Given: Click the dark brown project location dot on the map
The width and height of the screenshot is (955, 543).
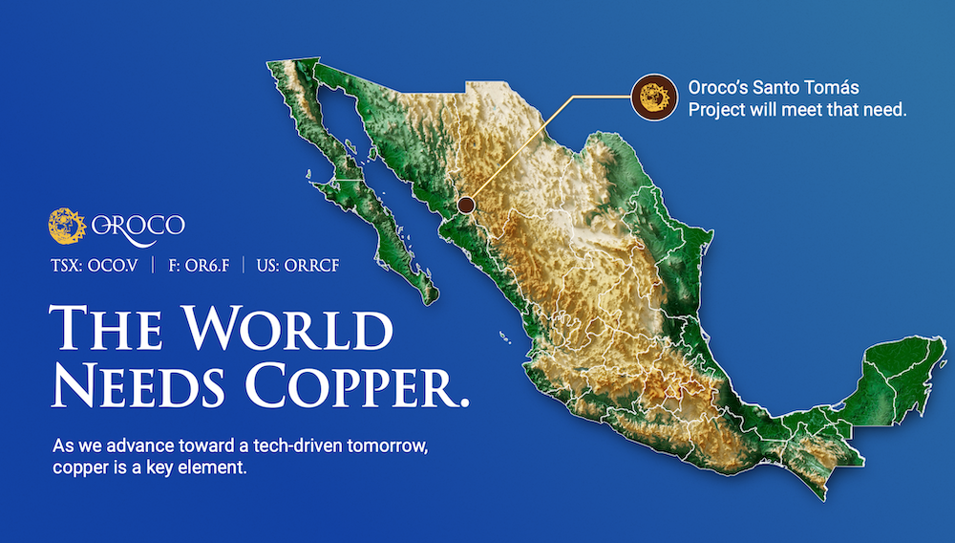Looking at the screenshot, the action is click(466, 205).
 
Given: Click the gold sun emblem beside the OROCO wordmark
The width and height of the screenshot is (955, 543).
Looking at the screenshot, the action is click(67, 227).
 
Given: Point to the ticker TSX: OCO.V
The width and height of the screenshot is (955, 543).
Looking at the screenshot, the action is click(95, 266).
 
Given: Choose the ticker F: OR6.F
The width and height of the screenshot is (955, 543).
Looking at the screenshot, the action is click(199, 266).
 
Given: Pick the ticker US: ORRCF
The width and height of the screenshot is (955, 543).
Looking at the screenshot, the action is click(298, 266).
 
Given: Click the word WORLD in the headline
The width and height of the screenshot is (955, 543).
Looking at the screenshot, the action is click(288, 328).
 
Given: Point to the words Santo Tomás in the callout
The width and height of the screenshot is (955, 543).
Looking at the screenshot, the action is click(806, 88).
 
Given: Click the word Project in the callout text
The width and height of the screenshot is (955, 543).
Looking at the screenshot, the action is click(716, 110).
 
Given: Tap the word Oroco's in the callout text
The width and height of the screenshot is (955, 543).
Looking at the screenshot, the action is click(717, 88).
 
